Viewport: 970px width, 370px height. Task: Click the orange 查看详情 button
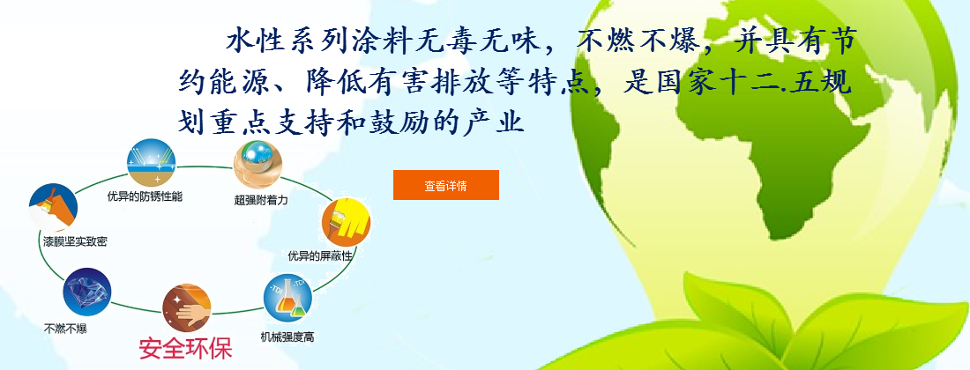(x=446, y=185)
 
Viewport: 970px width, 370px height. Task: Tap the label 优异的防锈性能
(x=145, y=197)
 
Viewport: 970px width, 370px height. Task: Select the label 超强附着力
(x=261, y=200)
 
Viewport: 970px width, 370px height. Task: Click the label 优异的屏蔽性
(x=321, y=255)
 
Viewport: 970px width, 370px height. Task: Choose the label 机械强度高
(x=287, y=337)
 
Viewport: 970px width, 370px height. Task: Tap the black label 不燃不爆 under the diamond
(x=65, y=329)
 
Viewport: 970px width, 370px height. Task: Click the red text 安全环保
(x=185, y=348)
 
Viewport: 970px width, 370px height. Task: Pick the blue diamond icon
(x=87, y=292)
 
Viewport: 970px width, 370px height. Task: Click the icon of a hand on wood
(x=187, y=307)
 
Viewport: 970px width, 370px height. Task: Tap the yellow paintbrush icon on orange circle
(x=346, y=221)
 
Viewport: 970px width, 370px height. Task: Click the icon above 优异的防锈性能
(x=151, y=162)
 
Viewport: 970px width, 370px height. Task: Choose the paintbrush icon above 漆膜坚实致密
(x=53, y=208)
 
